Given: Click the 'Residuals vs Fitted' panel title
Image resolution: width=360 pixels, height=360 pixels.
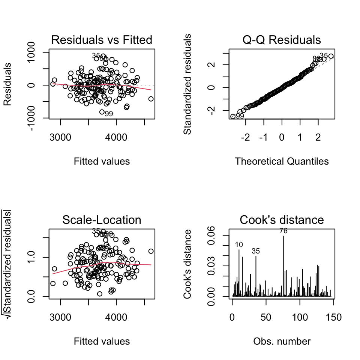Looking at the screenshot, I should pyautogui.click(x=102, y=40).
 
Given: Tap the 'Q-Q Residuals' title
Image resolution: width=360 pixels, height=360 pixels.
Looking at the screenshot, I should pyautogui.click(x=282, y=40).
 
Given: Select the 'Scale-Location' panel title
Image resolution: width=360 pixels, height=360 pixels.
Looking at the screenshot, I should pyautogui.click(x=102, y=220).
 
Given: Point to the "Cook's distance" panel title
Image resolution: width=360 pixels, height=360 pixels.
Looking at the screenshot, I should pyautogui.click(x=282, y=220).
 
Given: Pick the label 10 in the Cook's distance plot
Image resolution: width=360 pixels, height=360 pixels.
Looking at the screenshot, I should pyautogui.click(x=239, y=245).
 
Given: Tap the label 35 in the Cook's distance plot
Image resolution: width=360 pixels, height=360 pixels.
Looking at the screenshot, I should pyautogui.click(x=256, y=251).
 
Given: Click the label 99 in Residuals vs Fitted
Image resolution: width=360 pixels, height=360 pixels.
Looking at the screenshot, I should pyautogui.click(x=109, y=114).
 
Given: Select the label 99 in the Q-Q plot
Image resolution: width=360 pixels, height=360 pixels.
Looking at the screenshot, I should pyautogui.click(x=240, y=116).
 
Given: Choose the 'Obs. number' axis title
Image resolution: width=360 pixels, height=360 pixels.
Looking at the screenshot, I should pyautogui.click(x=282, y=341).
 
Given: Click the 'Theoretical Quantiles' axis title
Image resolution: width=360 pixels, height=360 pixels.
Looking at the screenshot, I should pyautogui.click(x=282, y=161).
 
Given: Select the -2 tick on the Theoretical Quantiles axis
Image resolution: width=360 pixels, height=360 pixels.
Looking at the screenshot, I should pyautogui.click(x=245, y=138).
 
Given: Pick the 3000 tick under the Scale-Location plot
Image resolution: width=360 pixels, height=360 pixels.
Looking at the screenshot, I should pyautogui.click(x=61, y=318).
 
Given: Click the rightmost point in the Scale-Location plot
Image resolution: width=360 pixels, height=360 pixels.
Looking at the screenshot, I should pyautogui.click(x=151, y=251).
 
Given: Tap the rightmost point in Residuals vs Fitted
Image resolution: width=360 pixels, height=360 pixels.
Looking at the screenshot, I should pyautogui.click(x=151, y=99).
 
